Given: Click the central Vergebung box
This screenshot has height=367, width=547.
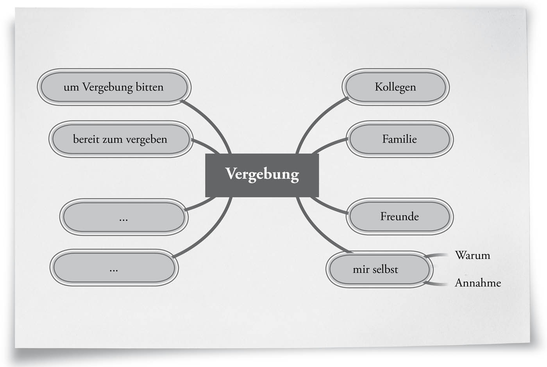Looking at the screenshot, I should tap(262, 175).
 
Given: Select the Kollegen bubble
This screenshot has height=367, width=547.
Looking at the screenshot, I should tap(395, 87).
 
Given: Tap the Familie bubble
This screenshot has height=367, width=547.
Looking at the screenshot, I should tap(399, 139).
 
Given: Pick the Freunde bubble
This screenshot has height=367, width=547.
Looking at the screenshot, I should tap(399, 216).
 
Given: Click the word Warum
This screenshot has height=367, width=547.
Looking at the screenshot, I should tap(472, 255).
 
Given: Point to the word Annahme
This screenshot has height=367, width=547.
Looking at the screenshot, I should tap(477, 283).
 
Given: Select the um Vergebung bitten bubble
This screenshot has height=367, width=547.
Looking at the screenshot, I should tap(114, 87).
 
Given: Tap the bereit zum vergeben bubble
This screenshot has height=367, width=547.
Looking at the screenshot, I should tap(120, 139).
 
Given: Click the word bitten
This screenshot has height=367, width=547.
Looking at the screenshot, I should tap(149, 87).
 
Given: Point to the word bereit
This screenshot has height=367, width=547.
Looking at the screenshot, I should tap(86, 139).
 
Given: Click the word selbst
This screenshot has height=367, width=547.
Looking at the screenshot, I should tap(385, 269).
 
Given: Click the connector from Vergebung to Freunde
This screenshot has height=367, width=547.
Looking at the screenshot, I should tap(328, 207).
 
